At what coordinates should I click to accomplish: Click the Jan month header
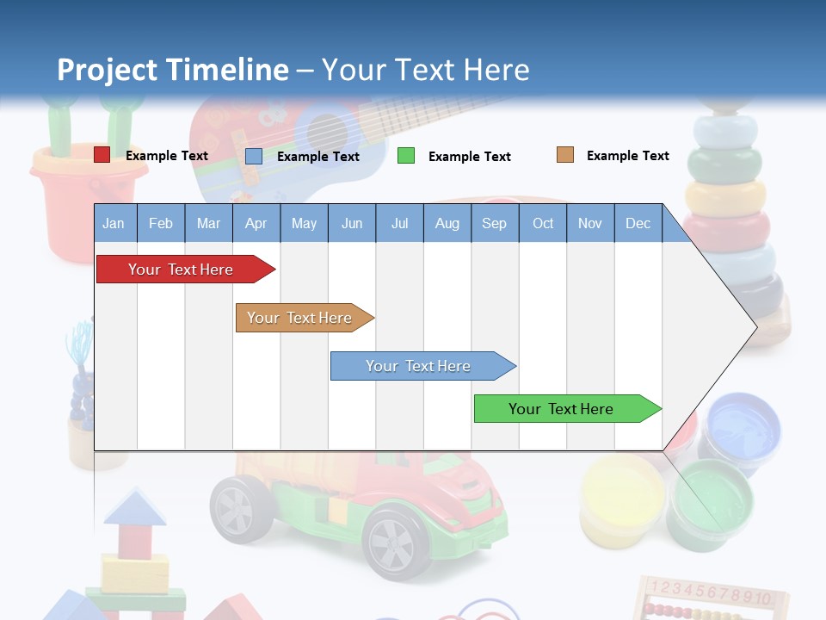[x=114, y=223]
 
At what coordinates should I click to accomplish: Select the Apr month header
[x=256, y=223]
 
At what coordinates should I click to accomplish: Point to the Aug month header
[x=447, y=223]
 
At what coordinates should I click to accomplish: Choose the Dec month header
[x=638, y=223]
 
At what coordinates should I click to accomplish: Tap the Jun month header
[x=351, y=223]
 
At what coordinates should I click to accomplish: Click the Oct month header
[x=542, y=223]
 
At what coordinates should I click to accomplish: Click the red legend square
[x=102, y=155]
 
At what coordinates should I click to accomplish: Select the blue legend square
[x=254, y=156]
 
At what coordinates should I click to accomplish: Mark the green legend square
[x=406, y=156]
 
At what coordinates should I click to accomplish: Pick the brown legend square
[x=564, y=155]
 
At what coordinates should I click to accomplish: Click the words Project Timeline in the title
[x=173, y=70]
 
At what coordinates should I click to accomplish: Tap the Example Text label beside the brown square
[x=627, y=156]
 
